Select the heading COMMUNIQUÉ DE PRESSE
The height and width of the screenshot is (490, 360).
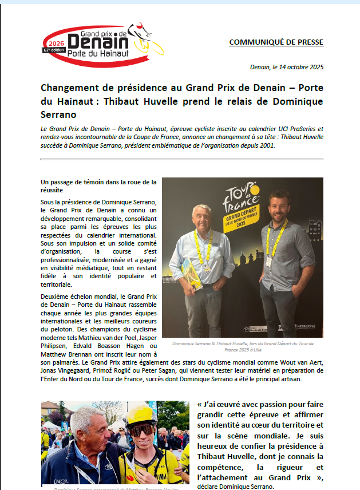pyautogui.click(x=276, y=42)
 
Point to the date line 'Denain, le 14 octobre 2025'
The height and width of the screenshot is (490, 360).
pyautogui.click(x=287, y=67)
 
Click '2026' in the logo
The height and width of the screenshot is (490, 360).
pyautogui.click(x=56, y=43)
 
